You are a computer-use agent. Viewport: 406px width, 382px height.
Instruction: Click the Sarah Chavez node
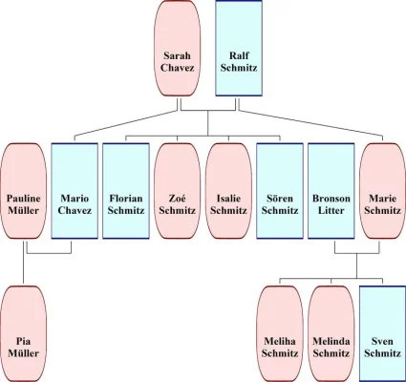tap(177, 48)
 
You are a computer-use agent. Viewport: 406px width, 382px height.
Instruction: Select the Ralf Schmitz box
tap(239, 48)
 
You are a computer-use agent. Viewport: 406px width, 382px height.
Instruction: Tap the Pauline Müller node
tap(23, 191)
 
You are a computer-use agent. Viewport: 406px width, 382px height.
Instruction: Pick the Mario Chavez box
tap(75, 191)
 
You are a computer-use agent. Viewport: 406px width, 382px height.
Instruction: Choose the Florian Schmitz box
tap(126, 191)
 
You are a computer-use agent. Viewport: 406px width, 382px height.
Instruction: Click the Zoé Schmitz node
tap(177, 191)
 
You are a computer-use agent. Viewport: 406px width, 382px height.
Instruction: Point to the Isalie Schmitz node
tap(228, 191)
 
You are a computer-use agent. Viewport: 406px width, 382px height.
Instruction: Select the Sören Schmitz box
tap(280, 191)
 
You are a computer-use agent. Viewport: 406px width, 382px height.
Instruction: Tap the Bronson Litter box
tap(331, 191)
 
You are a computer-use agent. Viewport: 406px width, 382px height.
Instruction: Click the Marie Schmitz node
tap(382, 191)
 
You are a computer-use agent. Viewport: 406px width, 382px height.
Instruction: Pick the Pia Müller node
tap(23, 333)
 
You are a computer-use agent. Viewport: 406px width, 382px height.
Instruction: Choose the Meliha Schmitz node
tap(280, 333)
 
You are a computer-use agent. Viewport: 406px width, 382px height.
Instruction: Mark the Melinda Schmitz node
tap(331, 333)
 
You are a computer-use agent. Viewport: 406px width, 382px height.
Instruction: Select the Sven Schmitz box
tap(382, 333)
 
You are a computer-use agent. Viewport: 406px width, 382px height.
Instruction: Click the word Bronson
tap(331, 199)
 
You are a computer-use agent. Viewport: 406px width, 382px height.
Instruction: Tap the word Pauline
tap(24, 199)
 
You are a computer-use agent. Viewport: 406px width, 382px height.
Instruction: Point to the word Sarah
tap(177, 55)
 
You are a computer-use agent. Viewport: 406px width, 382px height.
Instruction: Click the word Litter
tap(331, 210)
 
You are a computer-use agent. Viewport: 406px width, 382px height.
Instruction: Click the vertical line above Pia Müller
tap(23, 263)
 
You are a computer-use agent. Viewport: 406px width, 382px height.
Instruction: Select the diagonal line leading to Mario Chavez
tap(126, 124)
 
